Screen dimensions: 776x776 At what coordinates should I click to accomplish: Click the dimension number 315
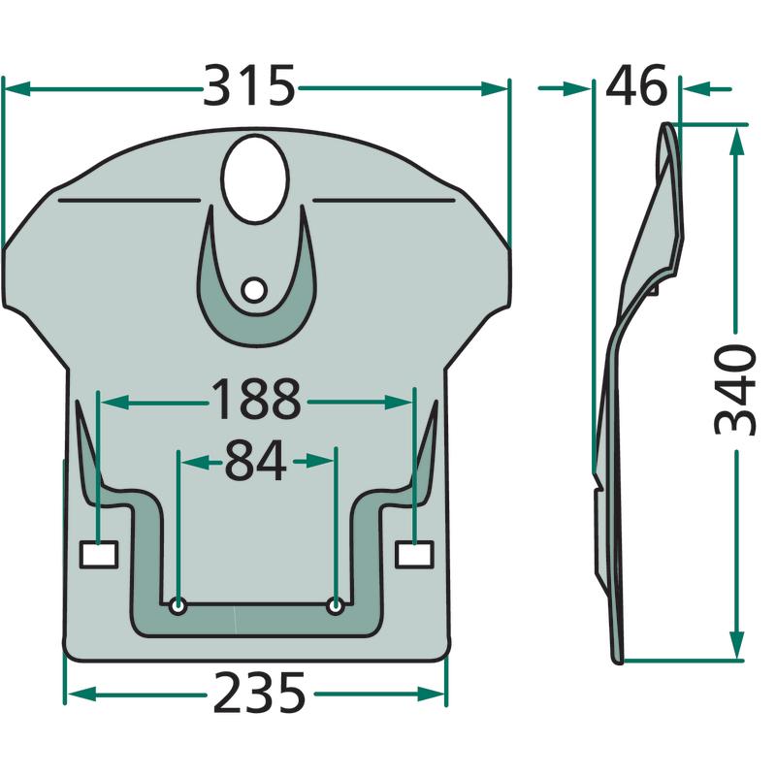(x=249, y=86)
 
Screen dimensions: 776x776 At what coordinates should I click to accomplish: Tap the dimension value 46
(x=636, y=86)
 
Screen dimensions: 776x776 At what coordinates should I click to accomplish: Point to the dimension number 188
(x=256, y=400)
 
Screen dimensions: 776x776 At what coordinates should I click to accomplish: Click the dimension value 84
(x=255, y=461)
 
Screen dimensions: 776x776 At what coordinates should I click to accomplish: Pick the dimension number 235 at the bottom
(x=259, y=693)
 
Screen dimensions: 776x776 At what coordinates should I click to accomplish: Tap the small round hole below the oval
(x=255, y=290)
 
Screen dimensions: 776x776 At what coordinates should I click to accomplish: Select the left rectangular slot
(x=99, y=554)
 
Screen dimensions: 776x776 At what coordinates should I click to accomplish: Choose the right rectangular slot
(x=415, y=554)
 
